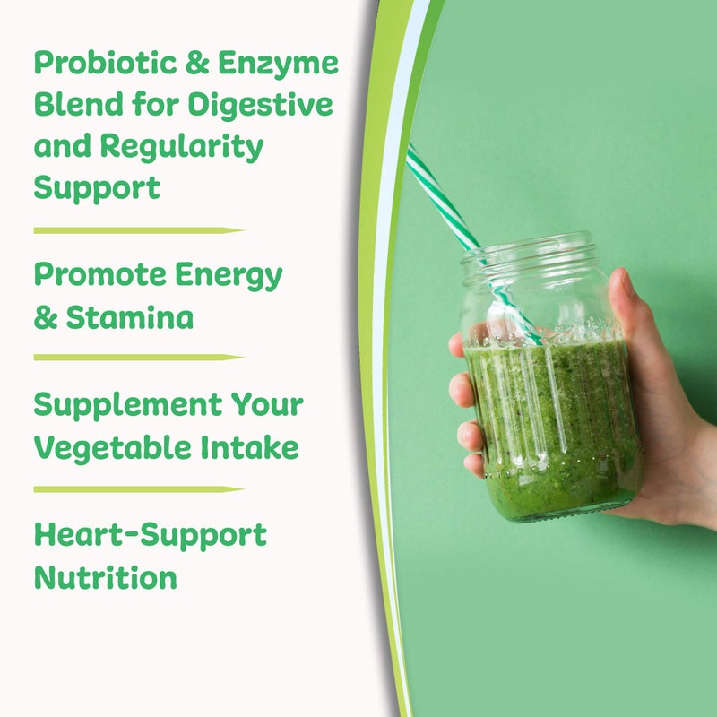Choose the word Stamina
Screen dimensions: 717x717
pos(128,317)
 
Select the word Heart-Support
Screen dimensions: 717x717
pos(151,535)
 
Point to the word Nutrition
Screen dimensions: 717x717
pos(106,576)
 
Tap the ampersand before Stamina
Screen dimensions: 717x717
pos(45,318)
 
